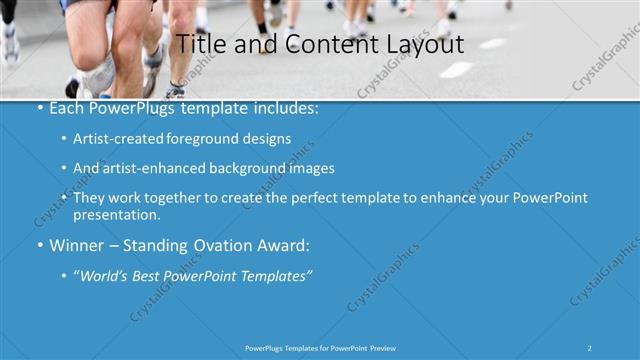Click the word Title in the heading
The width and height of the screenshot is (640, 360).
coord(198,45)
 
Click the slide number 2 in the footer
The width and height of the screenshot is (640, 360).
coord(590,348)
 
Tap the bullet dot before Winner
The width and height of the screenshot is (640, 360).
coord(40,244)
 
